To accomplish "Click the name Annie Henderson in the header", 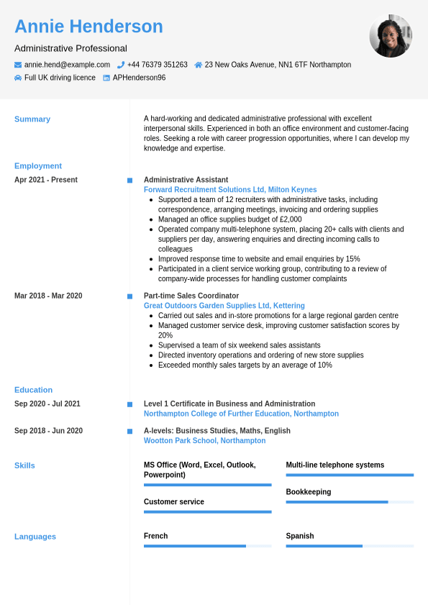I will pos(88,27).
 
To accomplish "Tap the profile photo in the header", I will pos(391,36).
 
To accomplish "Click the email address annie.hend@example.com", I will pos(67,65).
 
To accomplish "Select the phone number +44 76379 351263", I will pos(157,65).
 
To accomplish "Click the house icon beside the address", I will pos(199,65).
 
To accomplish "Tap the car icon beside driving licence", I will pos(18,78).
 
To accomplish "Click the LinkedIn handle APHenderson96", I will pos(139,78).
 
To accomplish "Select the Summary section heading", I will pos(32,119).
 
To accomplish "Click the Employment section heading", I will pos(38,165).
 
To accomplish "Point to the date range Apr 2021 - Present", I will pos(46,180).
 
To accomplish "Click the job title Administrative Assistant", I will pos(186,180).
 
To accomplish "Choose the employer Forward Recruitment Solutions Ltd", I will pos(204,190).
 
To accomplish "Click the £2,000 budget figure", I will pos(291,219).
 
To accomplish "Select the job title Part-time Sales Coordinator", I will pos(191,296).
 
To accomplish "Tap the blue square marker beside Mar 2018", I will pos(129,296).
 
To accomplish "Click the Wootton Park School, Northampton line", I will pos(204,440).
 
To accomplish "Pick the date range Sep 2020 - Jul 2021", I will pos(47,404).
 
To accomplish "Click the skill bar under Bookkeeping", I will pos(350,502).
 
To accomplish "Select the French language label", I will pos(155,536).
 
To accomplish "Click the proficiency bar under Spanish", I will pos(350,546).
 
